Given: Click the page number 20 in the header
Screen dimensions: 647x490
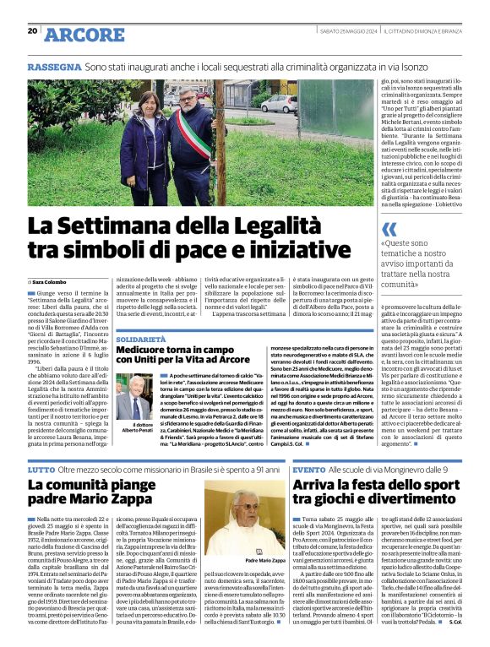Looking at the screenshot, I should pos(32,31).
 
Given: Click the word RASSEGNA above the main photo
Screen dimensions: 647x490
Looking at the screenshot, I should pos(52,66).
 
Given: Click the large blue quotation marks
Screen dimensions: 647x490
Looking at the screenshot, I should pos(389,229).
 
